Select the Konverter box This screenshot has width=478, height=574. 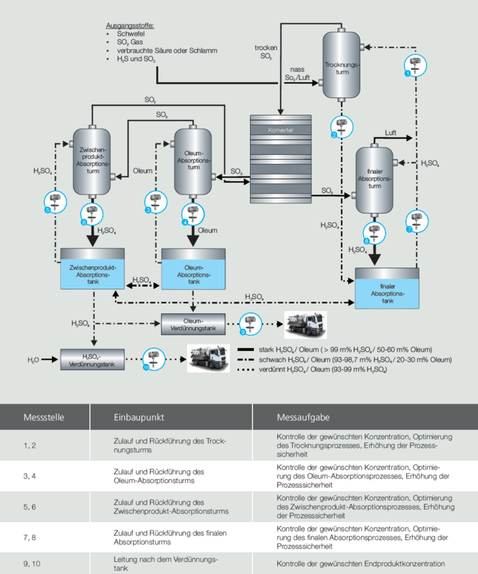click(278, 161)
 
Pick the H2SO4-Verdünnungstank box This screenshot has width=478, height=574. click(92, 358)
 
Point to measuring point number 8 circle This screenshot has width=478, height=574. click(372, 232)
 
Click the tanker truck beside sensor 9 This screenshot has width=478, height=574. click(305, 321)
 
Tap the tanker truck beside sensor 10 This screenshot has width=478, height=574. click(208, 358)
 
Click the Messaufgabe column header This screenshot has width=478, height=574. click(295, 417)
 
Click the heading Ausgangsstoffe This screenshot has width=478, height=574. click(130, 25)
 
